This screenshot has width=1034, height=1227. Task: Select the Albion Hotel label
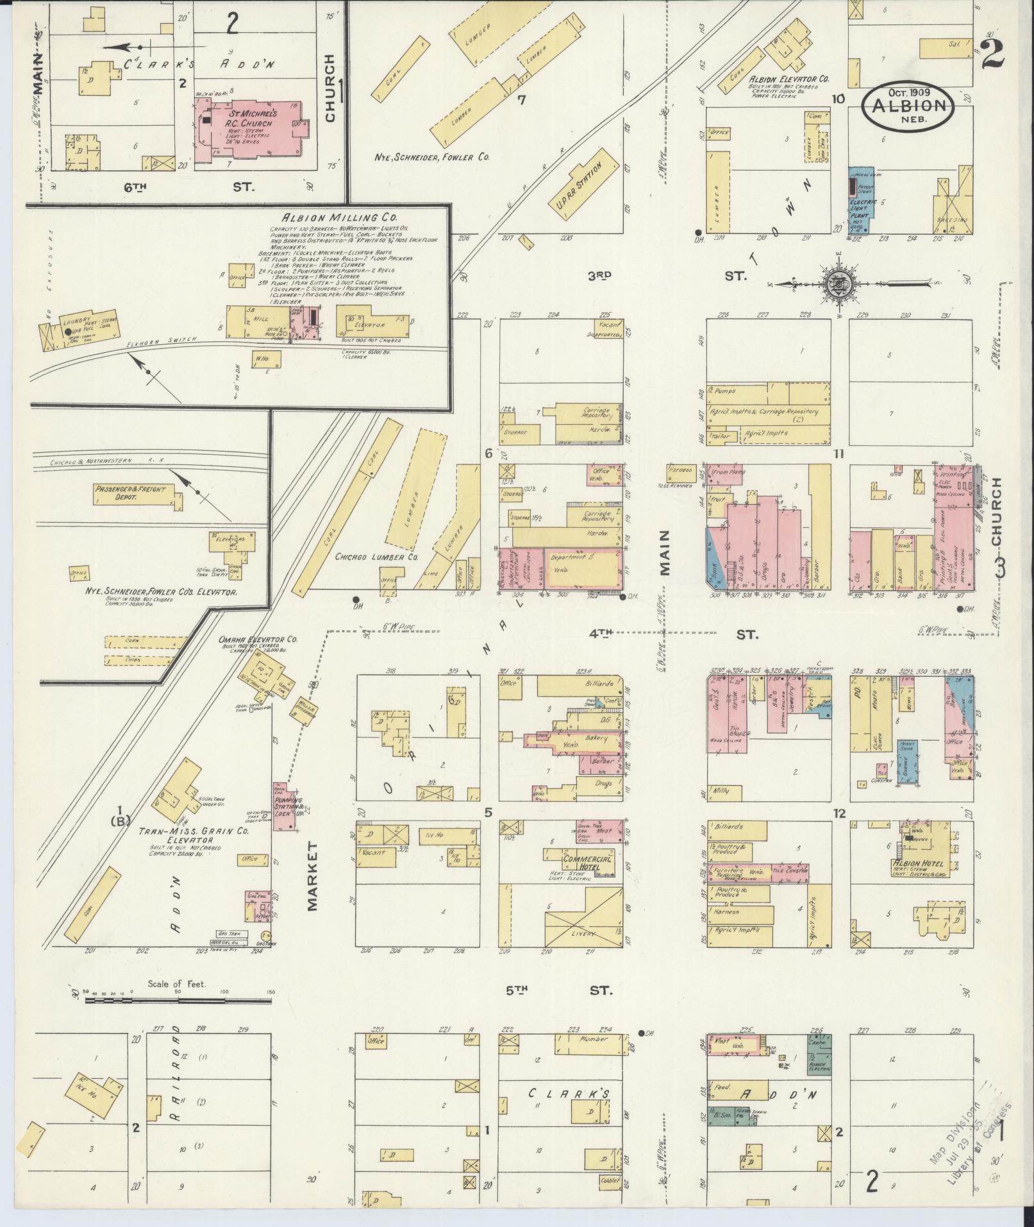point(919,864)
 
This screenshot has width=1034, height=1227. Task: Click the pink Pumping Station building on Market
point(281,806)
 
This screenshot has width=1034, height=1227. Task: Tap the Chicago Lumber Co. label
point(376,557)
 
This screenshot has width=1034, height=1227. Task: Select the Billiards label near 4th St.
point(603,684)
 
